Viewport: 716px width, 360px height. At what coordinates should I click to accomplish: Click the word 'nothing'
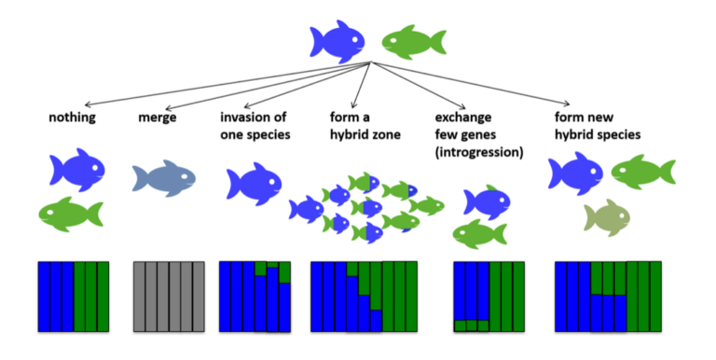point(72,118)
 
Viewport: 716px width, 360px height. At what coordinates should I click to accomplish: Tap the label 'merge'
point(157,118)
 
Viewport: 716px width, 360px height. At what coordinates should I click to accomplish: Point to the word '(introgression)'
point(479,152)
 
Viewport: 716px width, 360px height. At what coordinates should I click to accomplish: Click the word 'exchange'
point(463,117)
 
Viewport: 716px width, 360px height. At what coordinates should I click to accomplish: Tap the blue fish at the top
point(337,41)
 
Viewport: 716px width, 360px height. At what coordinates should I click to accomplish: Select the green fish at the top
point(414,42)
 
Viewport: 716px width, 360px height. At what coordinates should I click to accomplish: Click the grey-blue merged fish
point(164,178)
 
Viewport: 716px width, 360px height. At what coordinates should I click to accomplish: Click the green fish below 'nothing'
point(71,214)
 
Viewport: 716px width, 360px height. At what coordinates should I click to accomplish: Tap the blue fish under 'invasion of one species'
point(254,184)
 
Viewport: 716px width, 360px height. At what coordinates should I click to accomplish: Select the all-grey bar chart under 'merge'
point(169,297)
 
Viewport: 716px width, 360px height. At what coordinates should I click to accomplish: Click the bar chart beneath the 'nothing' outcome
point(74,297)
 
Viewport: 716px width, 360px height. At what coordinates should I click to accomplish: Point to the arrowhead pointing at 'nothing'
point(88,105)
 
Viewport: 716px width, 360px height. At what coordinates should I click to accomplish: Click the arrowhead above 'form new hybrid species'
point(567,104)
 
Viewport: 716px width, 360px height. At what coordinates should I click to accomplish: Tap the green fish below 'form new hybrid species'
point(643,172)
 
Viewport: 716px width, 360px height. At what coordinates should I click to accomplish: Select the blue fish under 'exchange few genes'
point(487,202)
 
